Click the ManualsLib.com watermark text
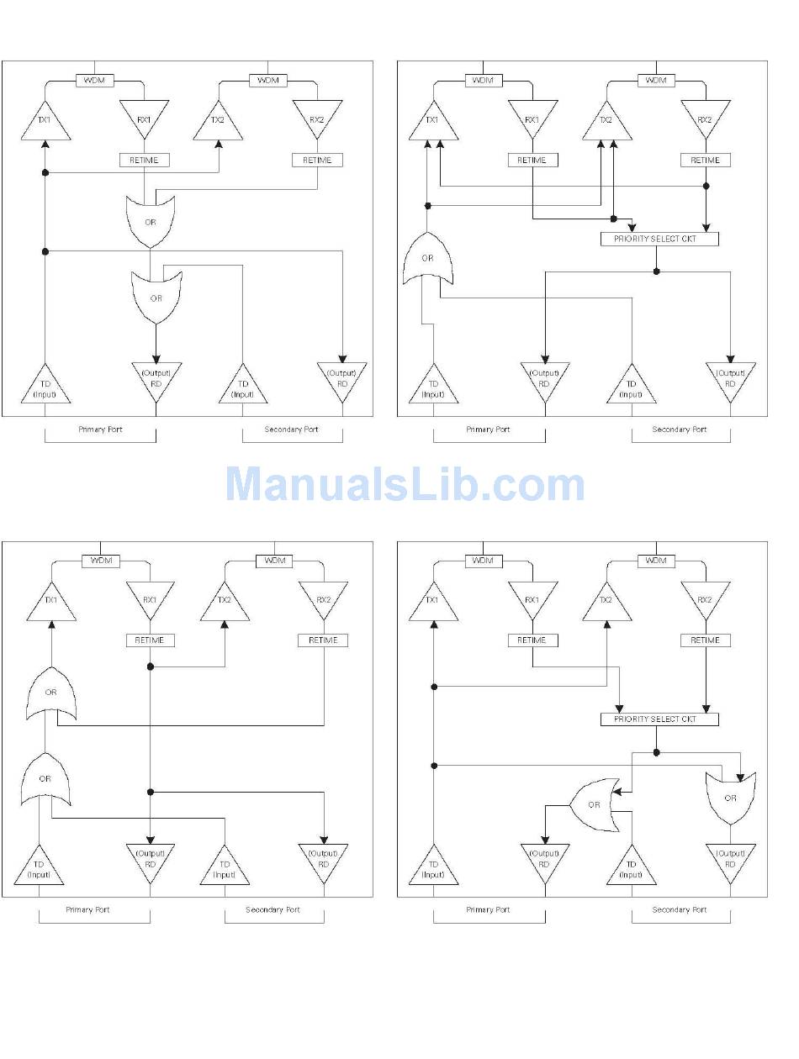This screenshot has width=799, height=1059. coord(405,485)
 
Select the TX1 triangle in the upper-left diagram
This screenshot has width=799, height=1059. coord(45,122)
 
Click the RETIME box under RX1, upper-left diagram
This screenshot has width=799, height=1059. coord(145,160)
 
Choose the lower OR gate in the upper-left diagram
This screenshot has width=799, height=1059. coord(156,298)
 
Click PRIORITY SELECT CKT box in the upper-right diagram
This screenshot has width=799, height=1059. coord(660,239)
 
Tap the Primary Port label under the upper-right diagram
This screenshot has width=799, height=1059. coord(488,429)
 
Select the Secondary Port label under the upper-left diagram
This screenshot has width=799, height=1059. coord(291,429)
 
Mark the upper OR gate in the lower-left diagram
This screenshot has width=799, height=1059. coord(51,693)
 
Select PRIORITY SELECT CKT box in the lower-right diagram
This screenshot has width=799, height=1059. coord(660,719)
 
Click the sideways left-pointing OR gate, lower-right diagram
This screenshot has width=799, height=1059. coord(595,804)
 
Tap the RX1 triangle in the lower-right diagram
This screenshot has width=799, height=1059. coord(532,600)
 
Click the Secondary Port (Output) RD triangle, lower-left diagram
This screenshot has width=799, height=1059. coord(324,861)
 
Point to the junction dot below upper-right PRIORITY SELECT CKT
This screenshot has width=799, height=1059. coord(657,271)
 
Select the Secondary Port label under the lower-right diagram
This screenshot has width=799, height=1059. coord(680,909)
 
